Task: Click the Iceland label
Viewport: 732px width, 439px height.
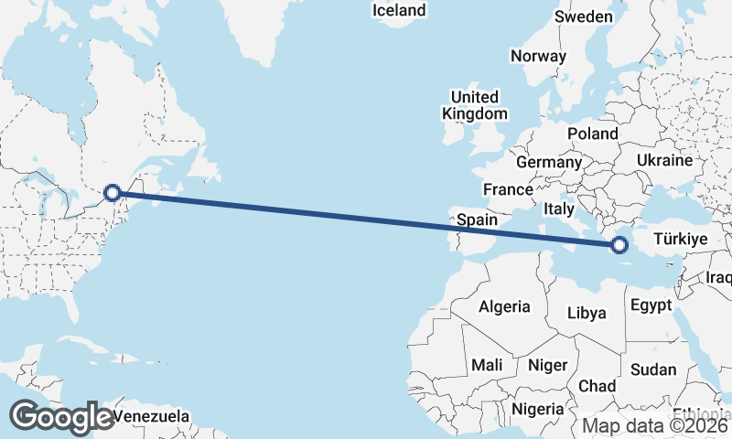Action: (x=400, y=10)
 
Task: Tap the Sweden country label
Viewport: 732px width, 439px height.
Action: (x=584, y=17)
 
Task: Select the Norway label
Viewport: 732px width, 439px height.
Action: (x=538, y=56)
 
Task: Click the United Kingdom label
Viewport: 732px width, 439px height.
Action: (x=474, y=105)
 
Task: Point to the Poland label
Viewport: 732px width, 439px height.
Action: (x=593, y=134)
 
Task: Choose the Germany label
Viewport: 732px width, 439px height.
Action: (x=549, y=162)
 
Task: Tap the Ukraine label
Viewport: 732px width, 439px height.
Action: (x=665, y=160)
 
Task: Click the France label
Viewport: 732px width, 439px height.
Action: (x=508, y=189)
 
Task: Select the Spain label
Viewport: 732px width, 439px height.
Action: (x=477, y=219)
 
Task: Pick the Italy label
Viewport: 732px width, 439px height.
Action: (x=559, y=209)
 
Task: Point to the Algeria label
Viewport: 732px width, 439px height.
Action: (x=505, y=305)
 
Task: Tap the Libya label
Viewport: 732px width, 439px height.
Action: (x=587, y=313)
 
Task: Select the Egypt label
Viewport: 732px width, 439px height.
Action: (x=651, y=305)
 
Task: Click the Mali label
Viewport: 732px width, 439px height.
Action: (x=487, y=365)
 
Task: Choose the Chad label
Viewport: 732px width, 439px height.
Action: (x=597, y=385)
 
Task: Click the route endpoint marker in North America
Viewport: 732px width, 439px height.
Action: (x=113, y=192)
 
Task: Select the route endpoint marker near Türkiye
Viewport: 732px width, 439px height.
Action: (x=619, y=244)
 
